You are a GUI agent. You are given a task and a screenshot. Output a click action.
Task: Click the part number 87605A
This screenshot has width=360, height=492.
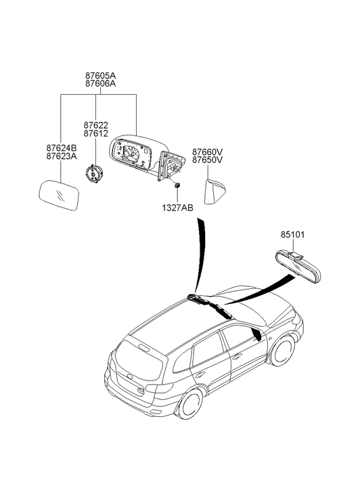(100, 76)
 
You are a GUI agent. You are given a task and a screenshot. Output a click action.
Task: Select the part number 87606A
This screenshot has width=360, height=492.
(100, 84)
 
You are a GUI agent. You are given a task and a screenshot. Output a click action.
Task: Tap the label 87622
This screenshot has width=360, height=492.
(95, 125)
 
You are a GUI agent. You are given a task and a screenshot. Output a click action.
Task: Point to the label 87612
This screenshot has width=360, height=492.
(95, 134)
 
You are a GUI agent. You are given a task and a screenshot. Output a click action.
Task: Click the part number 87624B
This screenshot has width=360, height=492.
(62, 148)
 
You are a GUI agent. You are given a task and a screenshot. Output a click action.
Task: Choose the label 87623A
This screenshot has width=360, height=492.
(62, 156)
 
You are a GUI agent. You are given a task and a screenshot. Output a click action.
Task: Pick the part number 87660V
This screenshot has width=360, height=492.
(208, 152)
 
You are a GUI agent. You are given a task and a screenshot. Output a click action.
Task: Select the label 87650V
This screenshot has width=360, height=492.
(208, 160)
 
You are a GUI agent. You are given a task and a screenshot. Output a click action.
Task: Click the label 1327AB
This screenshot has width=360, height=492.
(178, 208)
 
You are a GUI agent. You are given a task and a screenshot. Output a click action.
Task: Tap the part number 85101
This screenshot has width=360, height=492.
(292, 235)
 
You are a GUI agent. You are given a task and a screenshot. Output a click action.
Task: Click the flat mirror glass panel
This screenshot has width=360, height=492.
(59, 195)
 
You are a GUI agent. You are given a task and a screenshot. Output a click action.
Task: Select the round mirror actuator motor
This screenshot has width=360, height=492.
(94, 173)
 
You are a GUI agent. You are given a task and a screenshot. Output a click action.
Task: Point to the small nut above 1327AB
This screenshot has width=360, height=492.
(177, 185)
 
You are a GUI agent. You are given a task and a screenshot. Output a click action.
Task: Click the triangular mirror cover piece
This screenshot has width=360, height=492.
(215, 192)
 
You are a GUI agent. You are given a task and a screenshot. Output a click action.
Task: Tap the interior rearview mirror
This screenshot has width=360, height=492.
(298, 267)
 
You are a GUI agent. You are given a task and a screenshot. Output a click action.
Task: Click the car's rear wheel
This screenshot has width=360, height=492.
(190, 404)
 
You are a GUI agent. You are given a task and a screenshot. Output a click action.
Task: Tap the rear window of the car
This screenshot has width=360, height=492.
(139, 360)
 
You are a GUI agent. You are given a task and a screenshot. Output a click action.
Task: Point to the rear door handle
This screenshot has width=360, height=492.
(200, 374)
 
